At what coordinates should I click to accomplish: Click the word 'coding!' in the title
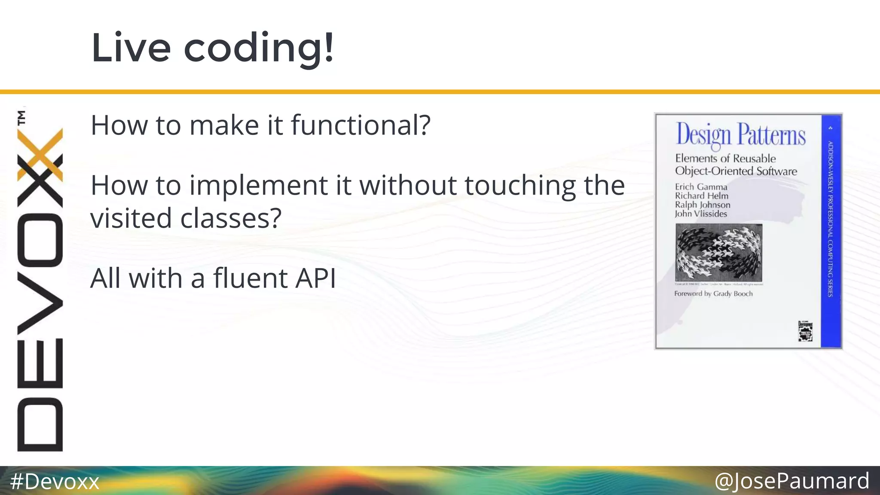[x=258, y=48]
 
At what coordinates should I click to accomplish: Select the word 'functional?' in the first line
[x=360, y=125]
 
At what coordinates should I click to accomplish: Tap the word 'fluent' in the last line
[x=250, y=278]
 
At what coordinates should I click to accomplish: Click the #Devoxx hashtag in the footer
[x=55, y=481]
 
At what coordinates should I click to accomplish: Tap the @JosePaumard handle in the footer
[x=791, y=481]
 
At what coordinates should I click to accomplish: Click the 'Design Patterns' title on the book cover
[x=740, y=134]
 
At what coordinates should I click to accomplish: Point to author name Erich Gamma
[x=701, y=187]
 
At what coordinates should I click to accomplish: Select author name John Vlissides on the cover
[x=700, y=214]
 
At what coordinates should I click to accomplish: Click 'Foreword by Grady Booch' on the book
[x=713, y=294]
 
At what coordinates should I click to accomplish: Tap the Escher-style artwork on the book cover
[x=718, y=253]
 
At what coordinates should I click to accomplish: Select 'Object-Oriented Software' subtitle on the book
[x=736, y=171]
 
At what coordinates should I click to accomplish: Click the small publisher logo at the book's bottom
[x=805, y=331]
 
